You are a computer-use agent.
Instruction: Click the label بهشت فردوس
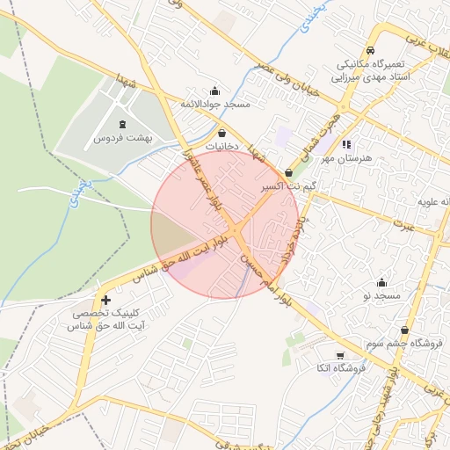(x=122, y=138)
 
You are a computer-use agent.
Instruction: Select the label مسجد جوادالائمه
(x=215, y=105)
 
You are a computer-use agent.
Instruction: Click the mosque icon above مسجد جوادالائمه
(x=215, y=91)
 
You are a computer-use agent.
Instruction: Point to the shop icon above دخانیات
(x=221, y=133)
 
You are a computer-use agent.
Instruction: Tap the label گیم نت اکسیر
(x=289, y=187)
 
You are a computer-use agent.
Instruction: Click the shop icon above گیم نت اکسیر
(x=289, y=173)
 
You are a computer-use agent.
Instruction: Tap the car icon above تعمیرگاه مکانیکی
(x=372, y=51)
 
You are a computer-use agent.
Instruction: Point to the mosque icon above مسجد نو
(x=381, y=282)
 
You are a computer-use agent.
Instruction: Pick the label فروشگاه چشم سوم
(x=405, y=345)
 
